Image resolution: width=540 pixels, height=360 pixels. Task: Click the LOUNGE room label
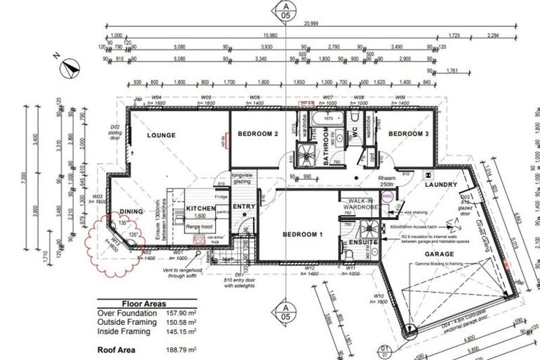161,135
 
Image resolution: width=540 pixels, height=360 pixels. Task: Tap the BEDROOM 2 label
258,134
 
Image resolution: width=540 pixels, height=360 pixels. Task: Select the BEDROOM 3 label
409,134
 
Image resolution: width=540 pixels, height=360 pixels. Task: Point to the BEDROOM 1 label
303,234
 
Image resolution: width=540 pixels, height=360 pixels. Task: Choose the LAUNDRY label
442,185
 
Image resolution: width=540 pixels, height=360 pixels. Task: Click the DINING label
131,211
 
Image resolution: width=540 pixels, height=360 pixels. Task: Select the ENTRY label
244,206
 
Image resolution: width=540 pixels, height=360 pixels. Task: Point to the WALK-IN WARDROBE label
359,205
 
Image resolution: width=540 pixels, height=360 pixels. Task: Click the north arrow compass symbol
71,67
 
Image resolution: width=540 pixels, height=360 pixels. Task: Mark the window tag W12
308,267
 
